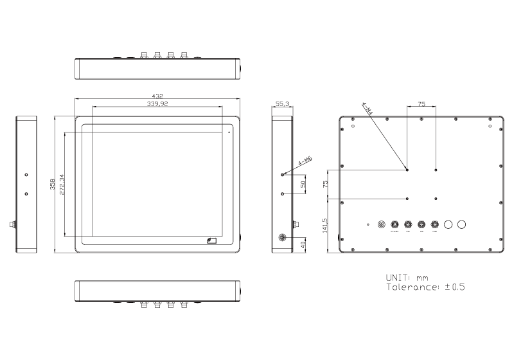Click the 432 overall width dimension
157,96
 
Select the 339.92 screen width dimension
157,103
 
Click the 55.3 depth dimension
282,103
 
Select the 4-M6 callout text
305,161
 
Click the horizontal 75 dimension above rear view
421,103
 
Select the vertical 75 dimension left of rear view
326,184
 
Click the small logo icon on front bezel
211,241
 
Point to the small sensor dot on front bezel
229,133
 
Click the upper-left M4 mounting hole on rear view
407,170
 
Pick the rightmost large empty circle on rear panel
462,224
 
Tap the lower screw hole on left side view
26,194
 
